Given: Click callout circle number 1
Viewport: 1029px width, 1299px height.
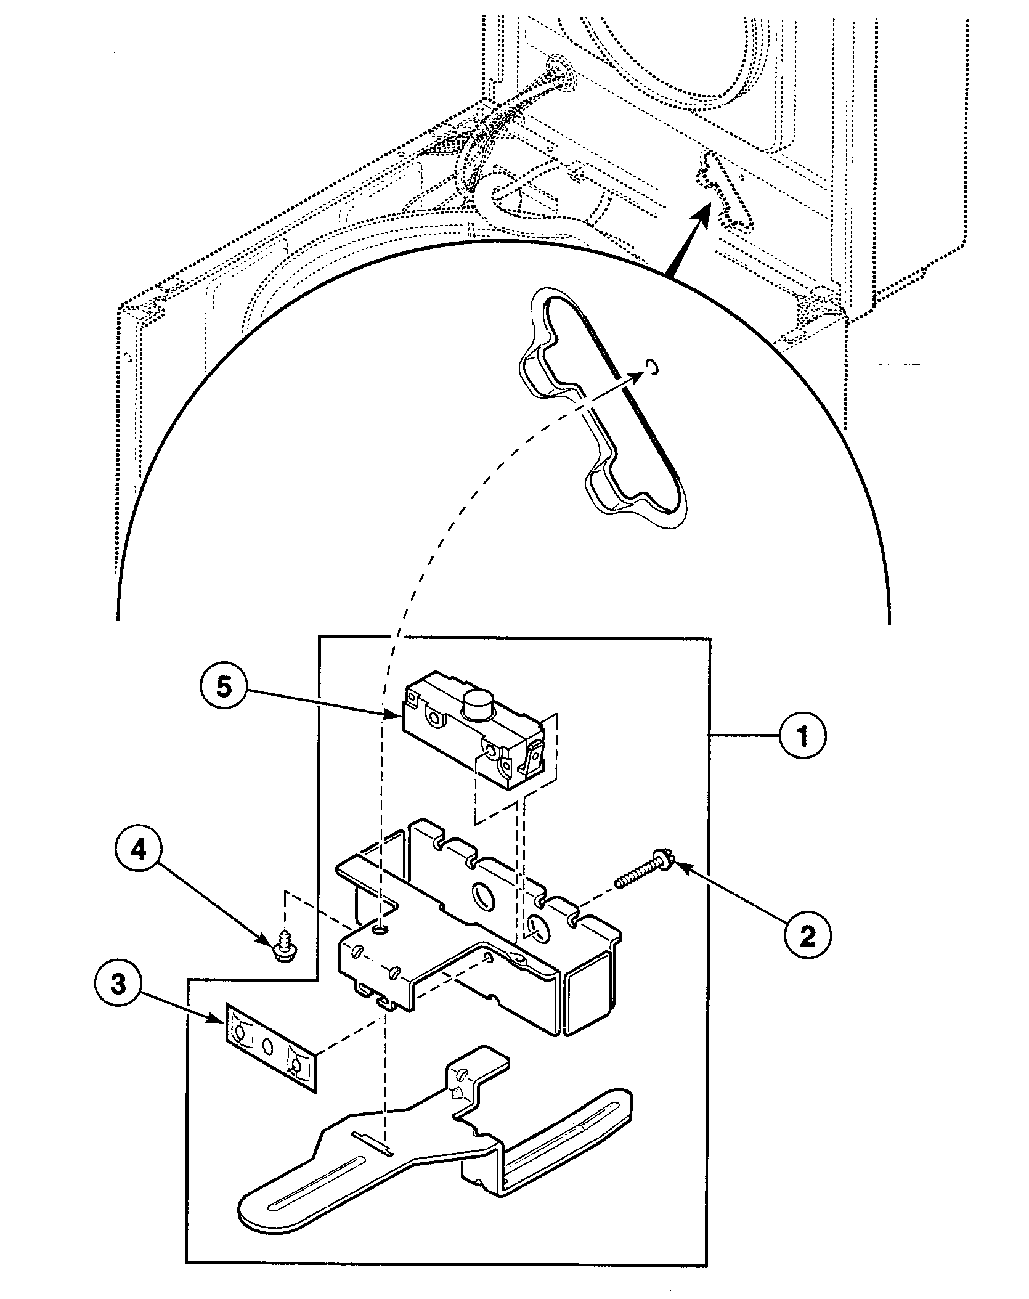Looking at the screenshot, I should pos(802,735).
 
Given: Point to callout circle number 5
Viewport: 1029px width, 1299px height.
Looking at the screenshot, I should pos(224,686).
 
